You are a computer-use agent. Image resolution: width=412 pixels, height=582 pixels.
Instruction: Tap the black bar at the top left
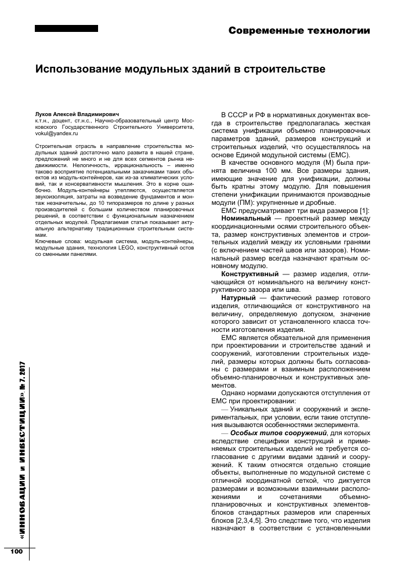pos(66,28)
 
